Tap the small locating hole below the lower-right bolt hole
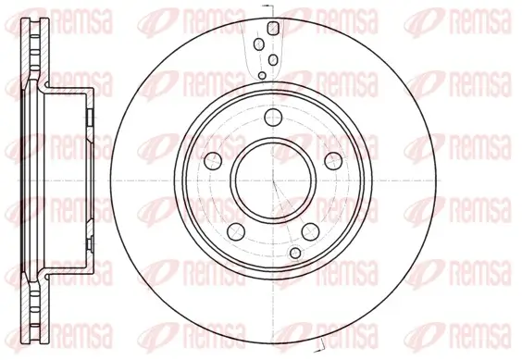pyautogui.click(x=295, y=253)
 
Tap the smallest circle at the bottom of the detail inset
pyautogui.click(x=263, y=74)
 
